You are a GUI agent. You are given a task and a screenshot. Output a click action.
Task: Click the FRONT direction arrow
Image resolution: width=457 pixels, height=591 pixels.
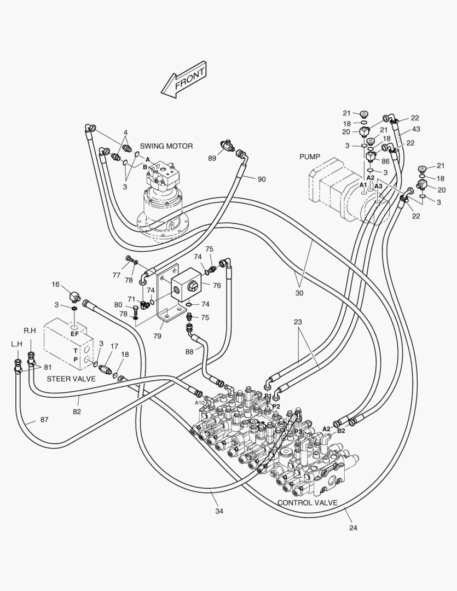coord(184,79)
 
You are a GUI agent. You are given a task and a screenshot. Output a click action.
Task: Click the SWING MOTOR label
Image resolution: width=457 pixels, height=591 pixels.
coord(166,146)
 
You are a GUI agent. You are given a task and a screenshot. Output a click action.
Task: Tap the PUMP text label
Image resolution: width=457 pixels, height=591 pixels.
coord(310,157)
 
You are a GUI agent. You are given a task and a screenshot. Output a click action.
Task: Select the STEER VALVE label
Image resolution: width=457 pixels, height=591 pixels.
coord(71,379)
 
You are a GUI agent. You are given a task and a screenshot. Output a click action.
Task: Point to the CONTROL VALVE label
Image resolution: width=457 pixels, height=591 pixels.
coord(307,502)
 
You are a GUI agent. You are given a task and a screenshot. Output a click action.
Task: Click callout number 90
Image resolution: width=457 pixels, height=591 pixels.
coord(262,179)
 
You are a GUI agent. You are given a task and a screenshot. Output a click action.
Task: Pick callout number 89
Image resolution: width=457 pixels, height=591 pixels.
coord(212,158)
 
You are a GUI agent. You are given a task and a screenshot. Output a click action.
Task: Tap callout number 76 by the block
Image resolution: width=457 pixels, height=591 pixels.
coord(217,285)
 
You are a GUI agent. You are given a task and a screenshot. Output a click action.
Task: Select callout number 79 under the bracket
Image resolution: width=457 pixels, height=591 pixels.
coord(157,335)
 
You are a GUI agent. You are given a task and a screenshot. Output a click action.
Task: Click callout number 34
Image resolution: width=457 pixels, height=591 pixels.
coord(219,511)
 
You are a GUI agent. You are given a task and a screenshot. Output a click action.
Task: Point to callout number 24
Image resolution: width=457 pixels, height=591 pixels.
coord(353,528)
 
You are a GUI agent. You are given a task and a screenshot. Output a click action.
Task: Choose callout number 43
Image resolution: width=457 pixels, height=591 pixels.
coord(416,129)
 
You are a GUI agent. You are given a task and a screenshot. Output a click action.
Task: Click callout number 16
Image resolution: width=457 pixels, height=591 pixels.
coord(55,284)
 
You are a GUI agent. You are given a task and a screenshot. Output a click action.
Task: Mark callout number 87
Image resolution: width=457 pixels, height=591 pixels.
coord(44,420)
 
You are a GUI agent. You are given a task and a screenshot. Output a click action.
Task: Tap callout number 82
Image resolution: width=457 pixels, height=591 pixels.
coord(77,412)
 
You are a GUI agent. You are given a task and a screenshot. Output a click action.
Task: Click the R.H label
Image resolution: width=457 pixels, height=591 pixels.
coord(30,331)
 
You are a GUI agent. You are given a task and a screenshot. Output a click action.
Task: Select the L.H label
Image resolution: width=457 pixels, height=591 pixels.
coord(16,344)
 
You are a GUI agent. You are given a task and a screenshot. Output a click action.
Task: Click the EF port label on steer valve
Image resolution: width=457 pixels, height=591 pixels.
coord(74,334)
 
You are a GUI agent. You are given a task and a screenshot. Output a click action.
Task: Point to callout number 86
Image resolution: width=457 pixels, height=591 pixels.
coord(385,161)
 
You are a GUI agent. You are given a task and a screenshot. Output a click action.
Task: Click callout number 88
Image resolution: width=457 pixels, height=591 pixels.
coord(189,351)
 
